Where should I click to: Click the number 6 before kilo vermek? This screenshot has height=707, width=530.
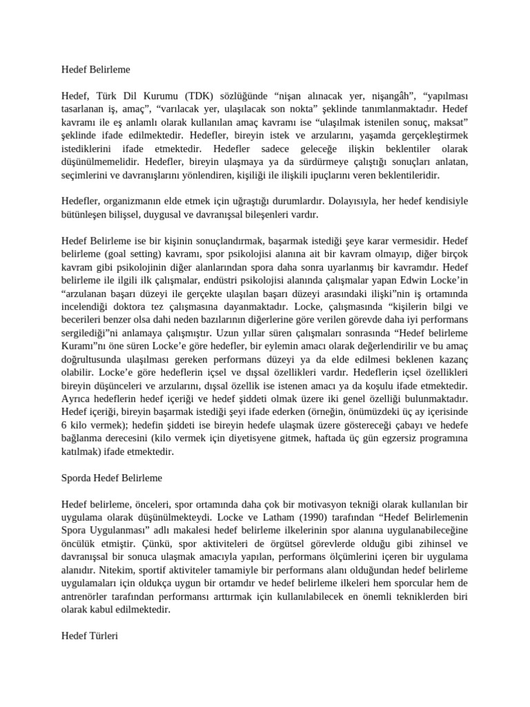point(64,426)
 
